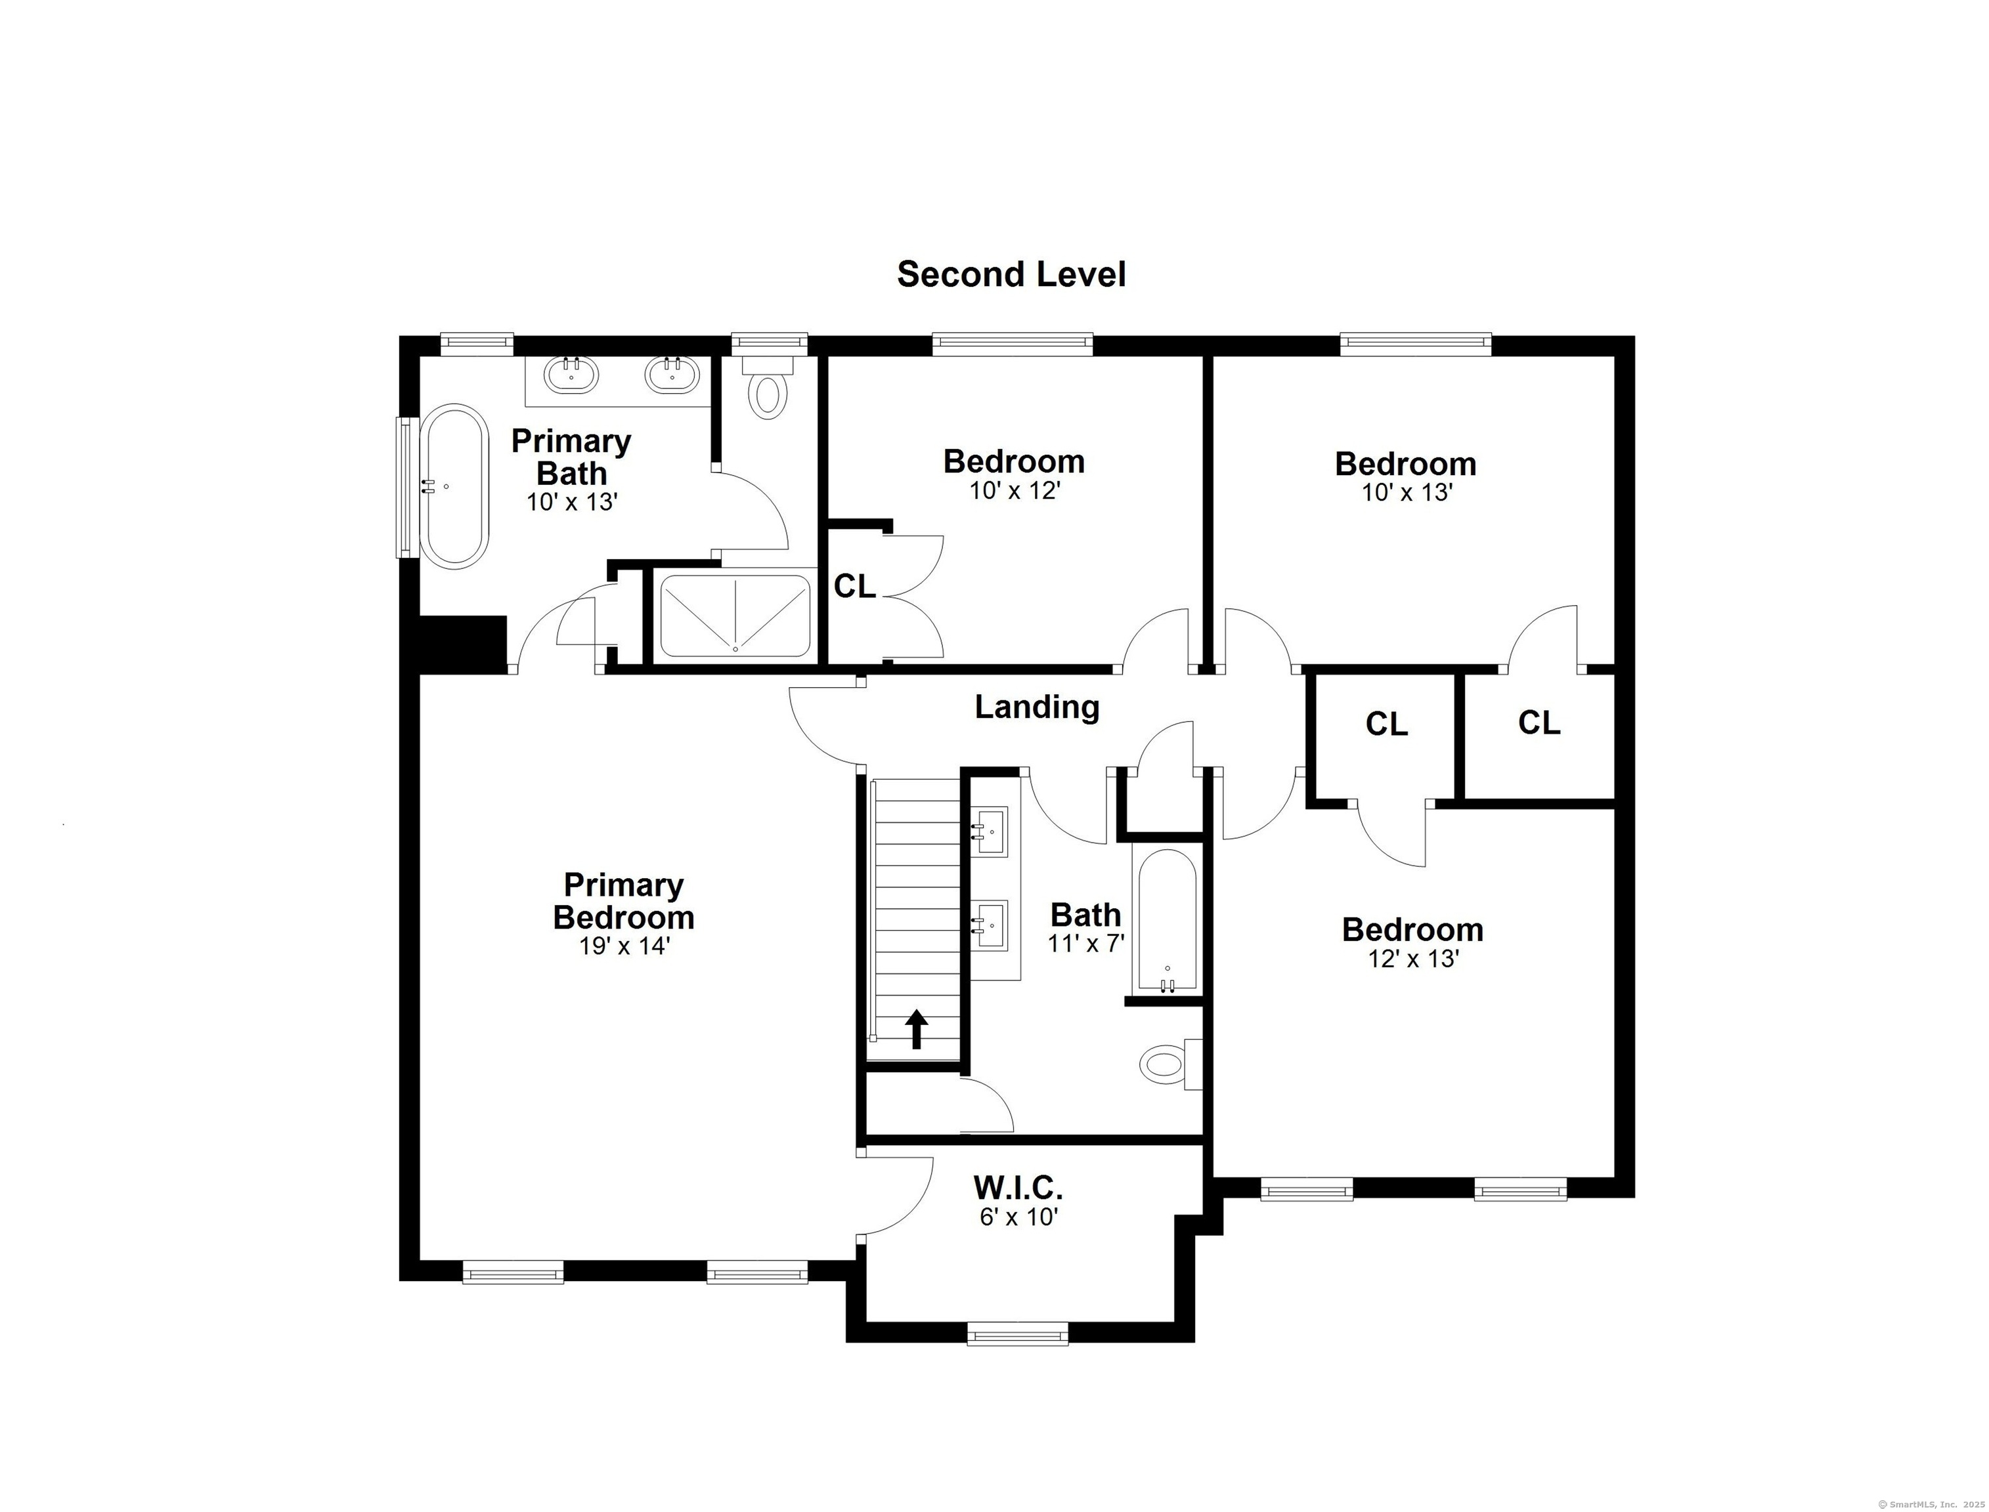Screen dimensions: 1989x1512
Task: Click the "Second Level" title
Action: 1011,274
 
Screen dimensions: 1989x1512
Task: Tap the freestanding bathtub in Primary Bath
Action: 456,486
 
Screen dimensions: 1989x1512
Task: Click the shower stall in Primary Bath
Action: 735,616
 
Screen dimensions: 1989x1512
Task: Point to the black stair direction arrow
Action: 917,1030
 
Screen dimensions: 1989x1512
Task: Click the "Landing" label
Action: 1038,707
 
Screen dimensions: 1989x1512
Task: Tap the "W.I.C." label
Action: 1018,1188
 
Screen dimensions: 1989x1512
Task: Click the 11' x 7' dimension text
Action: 1086,943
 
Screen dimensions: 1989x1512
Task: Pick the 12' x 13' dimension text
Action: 1412,959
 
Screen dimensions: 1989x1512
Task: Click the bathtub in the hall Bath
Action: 1167,921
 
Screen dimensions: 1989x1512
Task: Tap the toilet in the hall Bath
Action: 1171,1064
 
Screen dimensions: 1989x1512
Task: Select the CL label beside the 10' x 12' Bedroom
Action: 854,587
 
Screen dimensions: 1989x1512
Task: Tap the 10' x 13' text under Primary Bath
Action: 572,502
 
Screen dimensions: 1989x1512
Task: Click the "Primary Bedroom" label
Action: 624,901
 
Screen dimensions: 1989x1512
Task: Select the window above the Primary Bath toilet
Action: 769,342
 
